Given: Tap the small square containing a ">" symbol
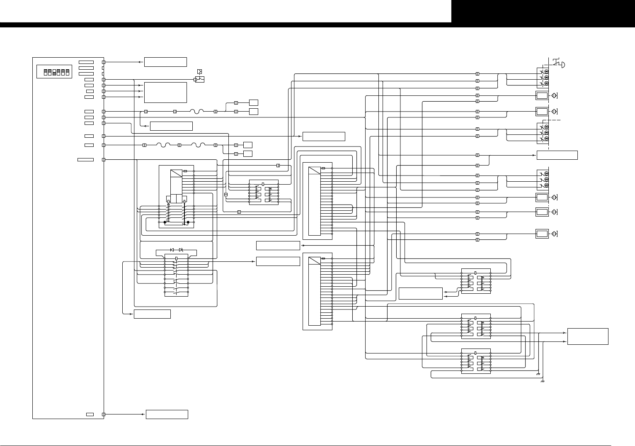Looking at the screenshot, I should coord(200,72).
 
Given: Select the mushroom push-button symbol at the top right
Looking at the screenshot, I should coord(559,63).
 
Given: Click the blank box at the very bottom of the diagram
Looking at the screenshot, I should coord(167,414).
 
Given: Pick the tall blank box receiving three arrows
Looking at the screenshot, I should coord(165,92).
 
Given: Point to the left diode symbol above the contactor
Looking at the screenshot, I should coord(172,250).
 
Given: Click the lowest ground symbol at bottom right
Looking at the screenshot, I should coord(543,381).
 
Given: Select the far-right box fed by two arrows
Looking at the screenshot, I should coord(588,336).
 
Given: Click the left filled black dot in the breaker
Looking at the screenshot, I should coord(165,222).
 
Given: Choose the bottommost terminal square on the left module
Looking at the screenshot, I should coord(104,414).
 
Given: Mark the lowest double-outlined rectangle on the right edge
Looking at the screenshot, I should coord(542,234).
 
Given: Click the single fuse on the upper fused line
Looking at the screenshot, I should coord(196,111).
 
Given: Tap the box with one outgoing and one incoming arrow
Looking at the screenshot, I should coord(420,293).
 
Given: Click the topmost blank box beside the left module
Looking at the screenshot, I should coord(165,62).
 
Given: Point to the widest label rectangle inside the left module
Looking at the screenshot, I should coord(85,160).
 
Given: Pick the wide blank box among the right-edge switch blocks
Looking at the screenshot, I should coord(557,155).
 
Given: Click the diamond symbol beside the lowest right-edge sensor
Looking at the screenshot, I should coord(554,234).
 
